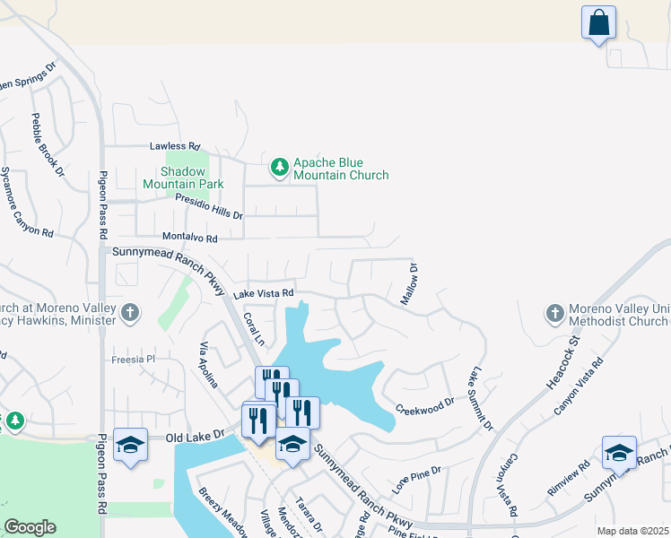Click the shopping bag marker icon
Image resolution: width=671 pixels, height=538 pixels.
point(598,22)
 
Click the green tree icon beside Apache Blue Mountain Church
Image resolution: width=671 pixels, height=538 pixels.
point(279,167)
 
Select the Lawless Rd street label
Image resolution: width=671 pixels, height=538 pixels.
point(175,146)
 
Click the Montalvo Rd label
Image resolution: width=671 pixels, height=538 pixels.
point(189,239)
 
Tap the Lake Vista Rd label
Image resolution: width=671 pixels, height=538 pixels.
point(264,293)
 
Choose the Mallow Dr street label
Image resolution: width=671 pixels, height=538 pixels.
point(410,284)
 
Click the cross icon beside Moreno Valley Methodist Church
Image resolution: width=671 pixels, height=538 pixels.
point(554,314)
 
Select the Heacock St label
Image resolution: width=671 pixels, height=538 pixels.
point(564,365)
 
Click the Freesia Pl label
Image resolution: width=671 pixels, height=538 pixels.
point(134,359)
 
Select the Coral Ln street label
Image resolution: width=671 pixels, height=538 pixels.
point(255,329)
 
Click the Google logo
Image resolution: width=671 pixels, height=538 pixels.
point(30,527)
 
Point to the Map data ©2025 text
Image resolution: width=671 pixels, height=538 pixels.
point(632,531)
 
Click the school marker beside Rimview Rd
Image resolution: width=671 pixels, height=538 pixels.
point(619,451)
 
